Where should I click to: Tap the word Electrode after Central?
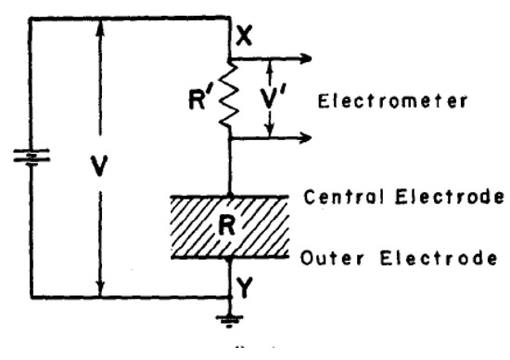[x=450, y=197]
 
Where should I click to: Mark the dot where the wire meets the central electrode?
[x=229, y=195]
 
